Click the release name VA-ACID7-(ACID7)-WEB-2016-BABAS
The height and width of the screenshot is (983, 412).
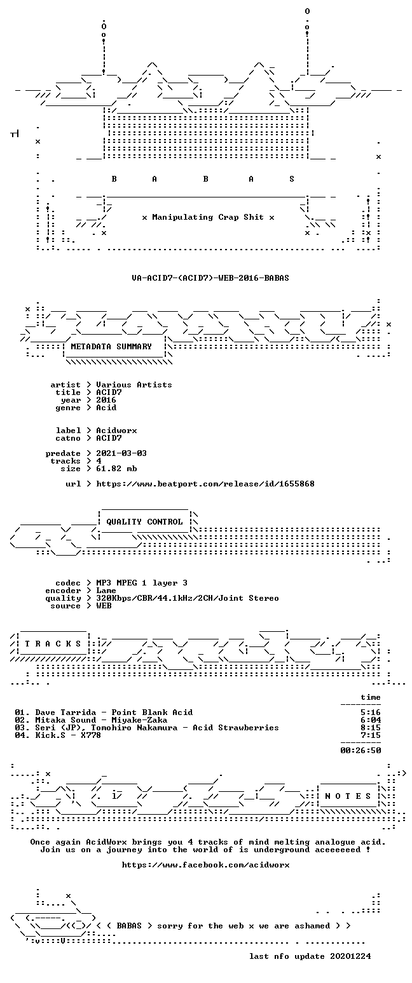coord(210,278)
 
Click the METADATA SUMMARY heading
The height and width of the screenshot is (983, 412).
coord(111,347)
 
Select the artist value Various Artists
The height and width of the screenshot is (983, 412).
coord(134,385)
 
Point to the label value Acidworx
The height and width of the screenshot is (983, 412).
coord(116,431)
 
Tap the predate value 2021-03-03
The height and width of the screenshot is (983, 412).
coord(121,453)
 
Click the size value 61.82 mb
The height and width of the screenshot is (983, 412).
coord(116,469)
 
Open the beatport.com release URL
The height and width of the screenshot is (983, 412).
coord(205,484)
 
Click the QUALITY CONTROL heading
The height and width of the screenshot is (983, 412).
coord(144,522)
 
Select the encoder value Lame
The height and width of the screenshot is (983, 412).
coord(106,591)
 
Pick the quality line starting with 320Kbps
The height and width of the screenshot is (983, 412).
coord(188,598)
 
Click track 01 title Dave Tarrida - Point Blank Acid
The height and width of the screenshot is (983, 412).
coord(114,712)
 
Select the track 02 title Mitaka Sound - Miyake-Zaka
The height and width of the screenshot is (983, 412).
coord(101,720)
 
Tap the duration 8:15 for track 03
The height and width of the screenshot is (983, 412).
coord(371,728)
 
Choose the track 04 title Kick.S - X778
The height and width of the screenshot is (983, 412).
coord(68,735)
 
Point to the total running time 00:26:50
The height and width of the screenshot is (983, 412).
coord(360,751)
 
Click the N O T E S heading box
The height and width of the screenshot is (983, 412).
coord(348,796)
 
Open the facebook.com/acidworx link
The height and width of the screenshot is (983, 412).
coord(205,865)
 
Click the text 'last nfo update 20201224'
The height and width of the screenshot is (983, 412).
coord(310,956)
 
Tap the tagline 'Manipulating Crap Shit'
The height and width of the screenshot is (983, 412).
coord(208,217)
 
